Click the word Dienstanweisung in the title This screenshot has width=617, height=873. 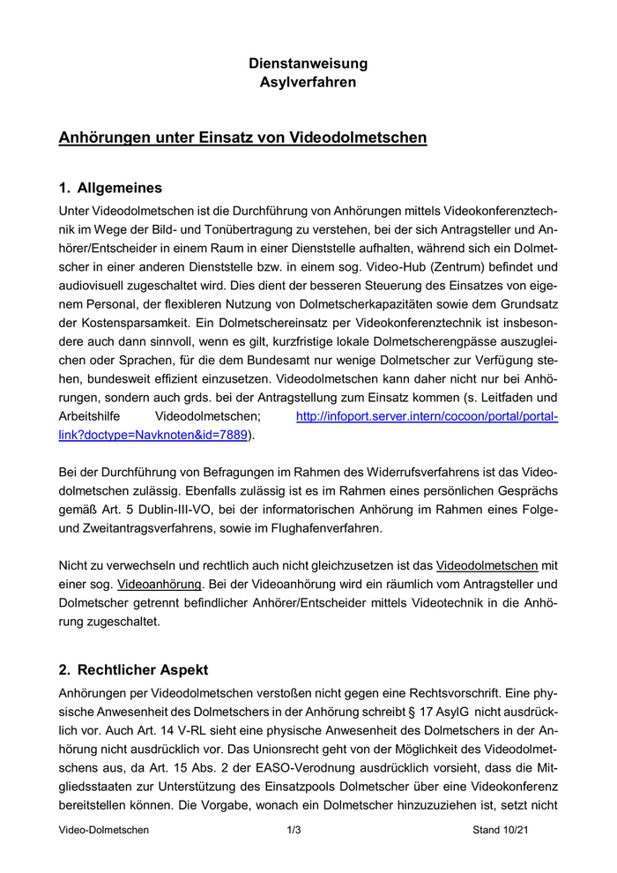pos(308,63)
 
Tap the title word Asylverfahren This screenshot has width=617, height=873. pos(308,83)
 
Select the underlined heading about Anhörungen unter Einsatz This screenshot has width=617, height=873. pos(242,138)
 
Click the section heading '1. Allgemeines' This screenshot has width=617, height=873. pos(110,188)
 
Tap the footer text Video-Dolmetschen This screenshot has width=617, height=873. pos(104,830)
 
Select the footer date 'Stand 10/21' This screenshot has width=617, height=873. pos(502,830)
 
